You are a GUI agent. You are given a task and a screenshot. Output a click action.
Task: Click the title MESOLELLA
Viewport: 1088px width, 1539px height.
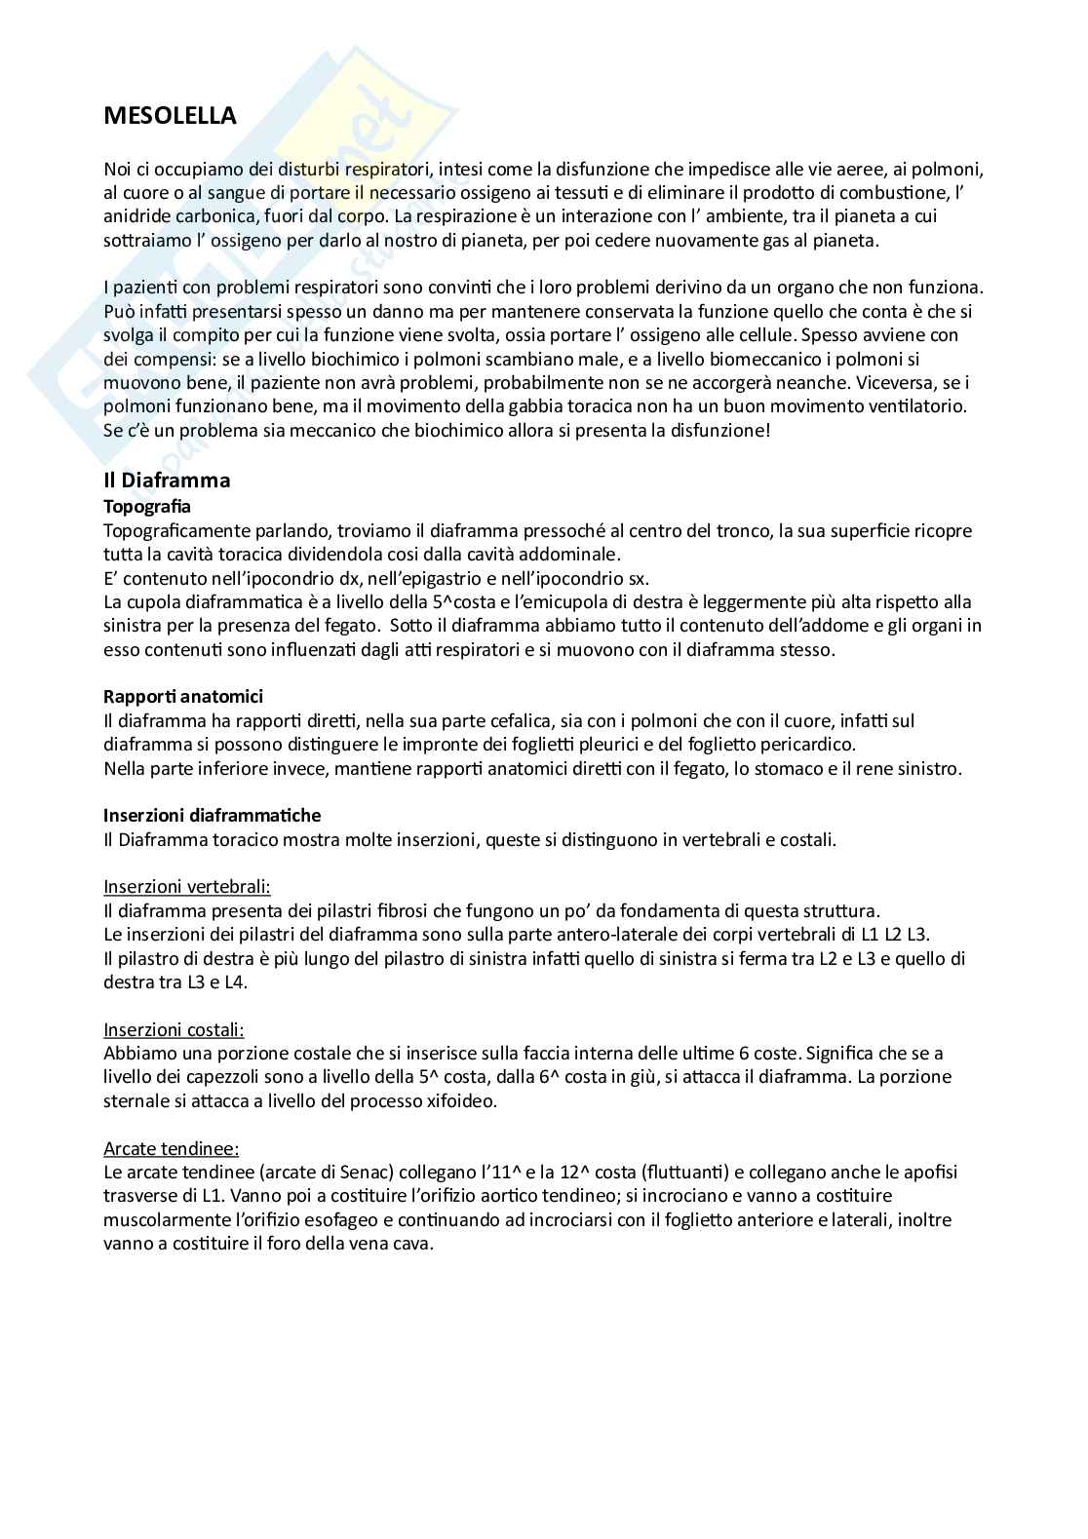170,116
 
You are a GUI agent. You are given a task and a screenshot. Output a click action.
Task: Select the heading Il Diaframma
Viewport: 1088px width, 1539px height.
167,480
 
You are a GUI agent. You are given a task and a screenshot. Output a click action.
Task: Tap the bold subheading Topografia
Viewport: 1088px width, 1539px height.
147,507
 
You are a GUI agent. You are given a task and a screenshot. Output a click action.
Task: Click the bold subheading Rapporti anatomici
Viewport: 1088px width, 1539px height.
183,697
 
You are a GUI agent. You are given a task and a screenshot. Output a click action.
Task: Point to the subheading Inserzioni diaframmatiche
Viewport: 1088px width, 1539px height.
212,815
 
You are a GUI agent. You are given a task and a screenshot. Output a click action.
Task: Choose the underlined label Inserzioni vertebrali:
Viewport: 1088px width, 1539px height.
187,887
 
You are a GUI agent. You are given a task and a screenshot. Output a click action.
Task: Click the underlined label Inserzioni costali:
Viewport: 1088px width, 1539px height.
174,1029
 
